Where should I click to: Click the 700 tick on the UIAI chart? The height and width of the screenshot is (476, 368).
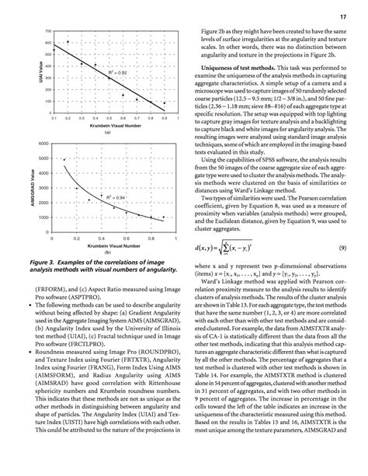pyautogui.click(x=47, y=31)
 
